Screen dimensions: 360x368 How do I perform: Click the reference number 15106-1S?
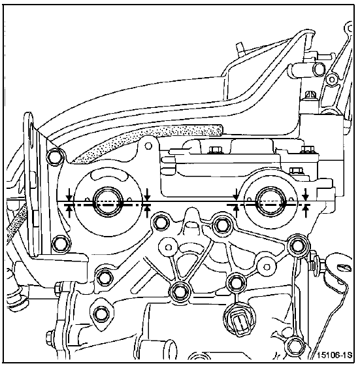pos(335,355)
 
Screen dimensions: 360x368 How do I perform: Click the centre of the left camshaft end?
pos(108,203)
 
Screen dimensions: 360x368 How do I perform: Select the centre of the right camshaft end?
pos(271,203)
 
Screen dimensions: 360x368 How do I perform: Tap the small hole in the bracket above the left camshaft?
pos(148,146)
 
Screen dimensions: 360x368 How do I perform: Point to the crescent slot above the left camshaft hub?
pos(108,175)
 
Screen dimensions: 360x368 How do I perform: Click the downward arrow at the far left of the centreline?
pos(69,194)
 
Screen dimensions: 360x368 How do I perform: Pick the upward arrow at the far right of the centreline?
pos(305,211)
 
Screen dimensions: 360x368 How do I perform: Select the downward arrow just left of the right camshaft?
pos(236,194)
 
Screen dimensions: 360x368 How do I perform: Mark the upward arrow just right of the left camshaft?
pos(147,211)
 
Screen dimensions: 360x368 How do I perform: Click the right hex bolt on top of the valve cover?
pos(307,150)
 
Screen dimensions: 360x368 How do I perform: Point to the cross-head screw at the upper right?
pos(310,95)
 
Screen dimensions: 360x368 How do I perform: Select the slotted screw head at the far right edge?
pos(344,268)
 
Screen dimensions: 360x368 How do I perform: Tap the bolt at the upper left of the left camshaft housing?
pos(56,158)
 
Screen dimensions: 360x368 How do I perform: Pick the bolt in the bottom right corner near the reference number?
pos(293,346)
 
